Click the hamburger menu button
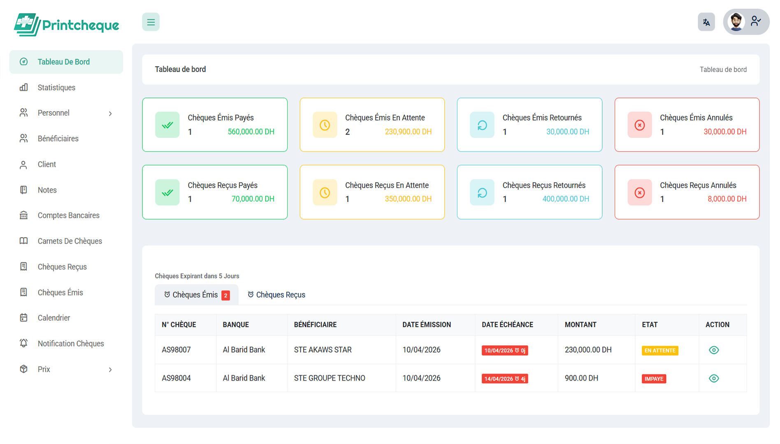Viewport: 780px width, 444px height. point(151,22)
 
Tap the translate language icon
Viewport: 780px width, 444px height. point(706,22)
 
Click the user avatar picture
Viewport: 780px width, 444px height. point(736,21)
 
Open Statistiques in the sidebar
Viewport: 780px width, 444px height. point(56,88)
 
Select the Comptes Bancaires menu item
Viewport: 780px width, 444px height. point(68,216)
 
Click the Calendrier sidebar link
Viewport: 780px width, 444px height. point(53,318)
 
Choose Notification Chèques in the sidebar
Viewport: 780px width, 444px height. point(70,344)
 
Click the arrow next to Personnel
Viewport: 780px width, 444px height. point(110,114)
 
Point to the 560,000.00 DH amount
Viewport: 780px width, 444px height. point(251,132)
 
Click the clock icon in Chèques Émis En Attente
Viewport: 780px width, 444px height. point(325,125)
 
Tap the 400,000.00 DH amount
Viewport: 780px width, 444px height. point(566,199)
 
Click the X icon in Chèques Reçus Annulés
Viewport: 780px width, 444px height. point(639,193)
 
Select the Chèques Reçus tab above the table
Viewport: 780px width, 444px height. point(276,295)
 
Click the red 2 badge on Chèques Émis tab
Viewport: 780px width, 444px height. point(225,295)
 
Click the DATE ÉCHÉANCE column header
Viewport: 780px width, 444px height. point(507,325)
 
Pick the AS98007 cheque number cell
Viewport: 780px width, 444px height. point(176,350)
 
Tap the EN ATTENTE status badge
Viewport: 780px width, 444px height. point(660,351)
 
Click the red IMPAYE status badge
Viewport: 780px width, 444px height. point(654,379)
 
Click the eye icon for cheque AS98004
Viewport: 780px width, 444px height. point(714,379)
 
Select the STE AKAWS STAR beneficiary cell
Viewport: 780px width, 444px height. point(323,350)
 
